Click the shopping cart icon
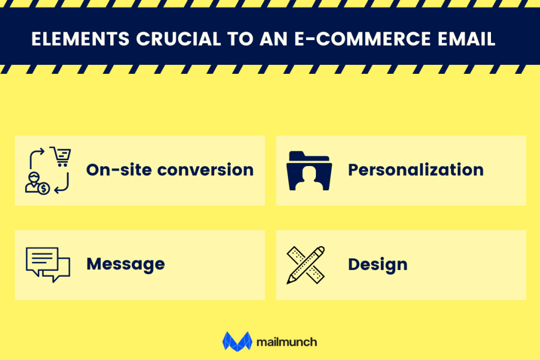click(61, 156)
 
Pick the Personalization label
click(416, 170)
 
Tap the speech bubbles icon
click(48, 264)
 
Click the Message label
click(126, 264)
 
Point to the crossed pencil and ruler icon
click(306, 265)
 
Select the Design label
click(378, 264)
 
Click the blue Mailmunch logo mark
click(237, 340)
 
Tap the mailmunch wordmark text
click(287, 342)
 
